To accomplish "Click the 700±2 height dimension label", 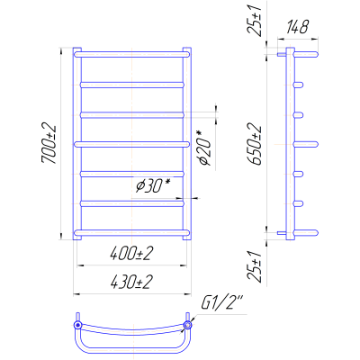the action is tap(49, 143).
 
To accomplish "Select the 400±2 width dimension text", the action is tap(131, 255).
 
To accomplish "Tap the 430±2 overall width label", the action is tap(131, 283).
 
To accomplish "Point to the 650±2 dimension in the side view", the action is tap(255, 145).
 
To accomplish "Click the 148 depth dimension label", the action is tap(297, 27).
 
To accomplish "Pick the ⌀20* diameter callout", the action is tap(205, 148).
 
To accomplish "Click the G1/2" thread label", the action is tap(222, 303).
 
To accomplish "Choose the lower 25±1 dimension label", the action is tap(255, 266).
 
